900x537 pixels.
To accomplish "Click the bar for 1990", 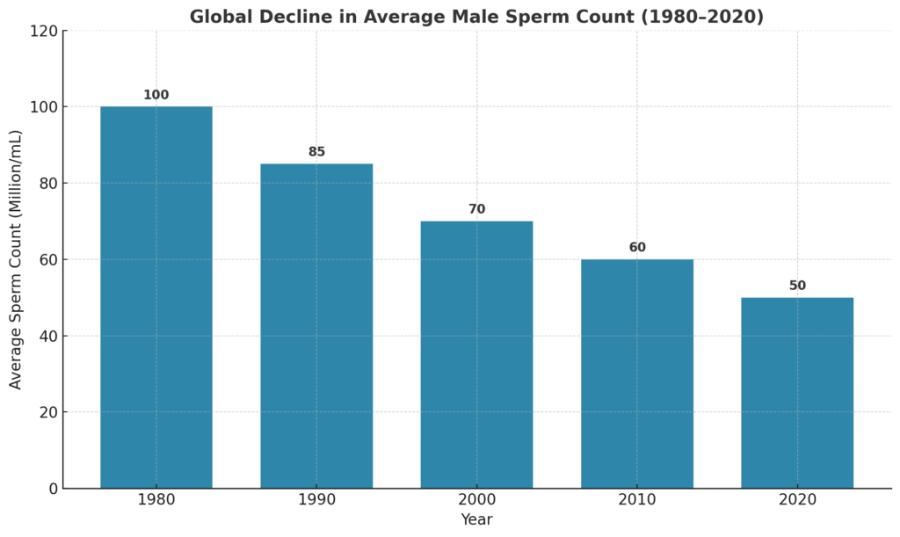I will pyautogui.click(x=316, y=325).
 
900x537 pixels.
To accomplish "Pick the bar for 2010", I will pyautogui.click(x=637, y=374).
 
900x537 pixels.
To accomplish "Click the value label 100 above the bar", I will pyautogui.click(x=156, y=95).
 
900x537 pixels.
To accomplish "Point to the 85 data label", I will pyautogui.click(x=316, y=152).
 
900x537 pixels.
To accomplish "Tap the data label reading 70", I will pyautogui.click(x=476, y=209).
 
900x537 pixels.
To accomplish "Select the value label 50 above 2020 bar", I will pyautogui.click(x=797, y=286).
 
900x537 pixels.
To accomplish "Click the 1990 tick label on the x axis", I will pyautogui.click(x=316, y=500).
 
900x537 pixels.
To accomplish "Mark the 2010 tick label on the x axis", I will pyautogui.click(x=637, y=500).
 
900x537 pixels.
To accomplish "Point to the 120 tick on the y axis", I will pyautogui.click(x=44, y=31).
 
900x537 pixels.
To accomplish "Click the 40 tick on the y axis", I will pyautogui.click(x=48, y=336).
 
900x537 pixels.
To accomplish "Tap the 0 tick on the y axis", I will pyautogui.click(x=53, y=489).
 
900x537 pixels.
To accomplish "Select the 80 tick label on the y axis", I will pyautogui.click(x=48, y=184).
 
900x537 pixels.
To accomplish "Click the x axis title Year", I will pyautogui.click(x=476, y=519).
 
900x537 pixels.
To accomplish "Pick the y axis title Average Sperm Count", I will pyautogui.click(x=16, y=259).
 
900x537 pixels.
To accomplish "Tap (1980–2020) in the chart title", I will pyautogui.click(x=708, y=17).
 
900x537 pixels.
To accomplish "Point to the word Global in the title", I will pyautogui.click(x=217, y=17).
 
